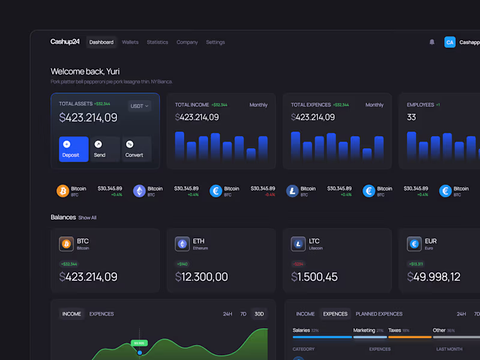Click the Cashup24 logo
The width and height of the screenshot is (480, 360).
click(65, 42)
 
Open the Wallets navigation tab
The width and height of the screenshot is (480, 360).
click(130, 43)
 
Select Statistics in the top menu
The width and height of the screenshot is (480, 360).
click(157, 43)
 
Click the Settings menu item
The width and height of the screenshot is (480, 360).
click(215, 43)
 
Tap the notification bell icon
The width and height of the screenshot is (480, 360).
click(432, 42)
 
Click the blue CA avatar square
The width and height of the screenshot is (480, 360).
click(450, 42)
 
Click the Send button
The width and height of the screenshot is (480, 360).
click(105, 149)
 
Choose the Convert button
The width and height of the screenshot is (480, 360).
click(137, 149)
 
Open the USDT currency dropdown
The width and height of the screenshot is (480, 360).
click(139, 106)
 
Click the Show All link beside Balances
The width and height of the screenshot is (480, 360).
click(88, 218)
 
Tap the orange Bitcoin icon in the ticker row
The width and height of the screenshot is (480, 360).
click(63, 191)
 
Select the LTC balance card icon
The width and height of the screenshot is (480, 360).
click(298, 244)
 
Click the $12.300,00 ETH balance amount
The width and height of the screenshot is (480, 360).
click(202, 277)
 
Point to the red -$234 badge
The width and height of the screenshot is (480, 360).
click(298, 264)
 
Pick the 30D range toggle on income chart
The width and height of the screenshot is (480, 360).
click(259, 314)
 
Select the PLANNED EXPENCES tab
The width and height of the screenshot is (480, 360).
click(379, 314)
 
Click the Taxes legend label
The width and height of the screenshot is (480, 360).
click(394, 330)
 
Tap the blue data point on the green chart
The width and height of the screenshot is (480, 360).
click(140, 352)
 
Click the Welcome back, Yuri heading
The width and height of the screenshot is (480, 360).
click(85, 71)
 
